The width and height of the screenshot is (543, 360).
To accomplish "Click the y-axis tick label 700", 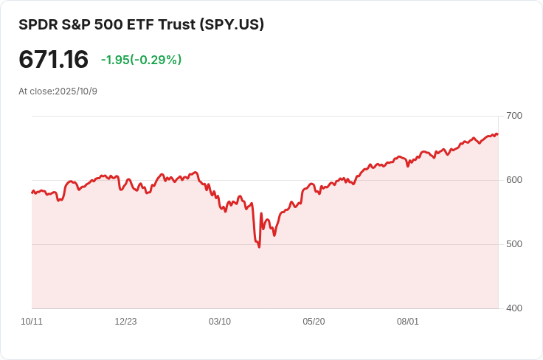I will click(x=514, y=116).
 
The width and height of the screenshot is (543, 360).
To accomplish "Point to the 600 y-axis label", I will click(x=514, y=180).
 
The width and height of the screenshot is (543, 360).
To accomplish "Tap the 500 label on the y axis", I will click(x=514, y=244).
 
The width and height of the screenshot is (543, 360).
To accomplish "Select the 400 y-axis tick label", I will click(x=514, y=308).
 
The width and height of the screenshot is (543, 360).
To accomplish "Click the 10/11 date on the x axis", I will click(x=32, y=322).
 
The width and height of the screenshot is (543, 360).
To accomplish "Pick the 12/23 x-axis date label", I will click(x=125, y=322).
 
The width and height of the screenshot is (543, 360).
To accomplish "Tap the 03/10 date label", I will click(x=220, y=322).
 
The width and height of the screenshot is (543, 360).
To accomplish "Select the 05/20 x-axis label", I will click(x=314, y=322).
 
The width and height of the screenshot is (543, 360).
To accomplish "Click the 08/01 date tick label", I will click(x=408, y=322).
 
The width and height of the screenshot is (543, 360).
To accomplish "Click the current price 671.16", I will click(x=53, y=60).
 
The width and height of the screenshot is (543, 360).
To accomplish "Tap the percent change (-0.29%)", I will click(x=156, y=60).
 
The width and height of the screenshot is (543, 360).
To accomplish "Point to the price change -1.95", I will click(x=115, y=60).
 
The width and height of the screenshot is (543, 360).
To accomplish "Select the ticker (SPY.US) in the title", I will click(x=232, y=24).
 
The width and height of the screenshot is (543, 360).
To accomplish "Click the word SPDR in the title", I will click(x=37, y=24).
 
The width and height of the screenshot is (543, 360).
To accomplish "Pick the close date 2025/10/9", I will click(x=76, y=91).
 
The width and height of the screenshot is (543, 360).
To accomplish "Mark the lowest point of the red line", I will click(x=259, y=247).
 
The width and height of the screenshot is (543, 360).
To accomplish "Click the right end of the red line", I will click(x=498, y=134).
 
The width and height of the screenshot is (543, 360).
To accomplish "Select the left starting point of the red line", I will click(x=32, y=192).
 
